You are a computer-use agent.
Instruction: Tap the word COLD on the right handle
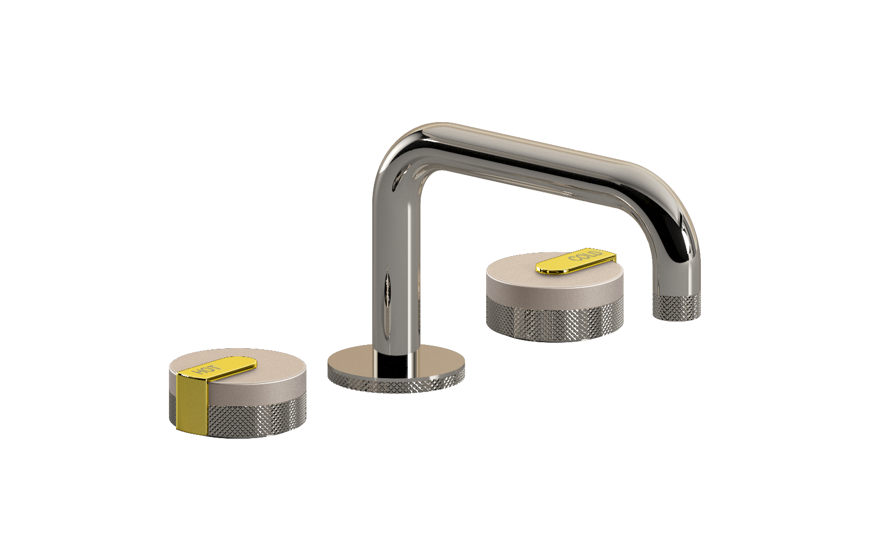pyautogui.click(x=585, y=257)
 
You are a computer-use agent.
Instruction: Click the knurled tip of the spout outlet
pyautogui.click(x=676, y=307)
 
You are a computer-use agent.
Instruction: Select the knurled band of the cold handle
pyautogui.click(x=555, y=318)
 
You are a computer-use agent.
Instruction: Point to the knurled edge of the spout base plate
pyautogui.click(x=396, y=383)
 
